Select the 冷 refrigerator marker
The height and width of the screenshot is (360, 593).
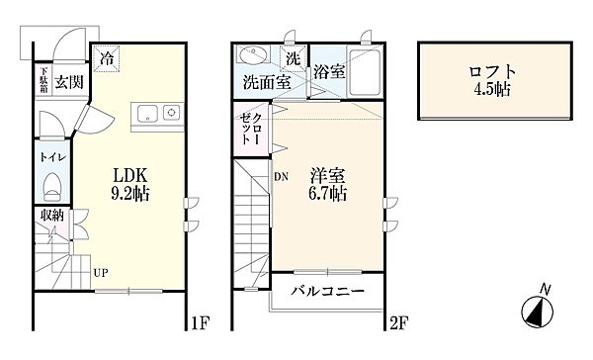pyautogui.click(x=106, y=59)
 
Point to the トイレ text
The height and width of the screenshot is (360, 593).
pyautogui.click(x=51, y=155)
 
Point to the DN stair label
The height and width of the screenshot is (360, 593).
pyautogui.click(x=281, y=175)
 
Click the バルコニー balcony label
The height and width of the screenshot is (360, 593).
pyautogui.click(x=327, y=292)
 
